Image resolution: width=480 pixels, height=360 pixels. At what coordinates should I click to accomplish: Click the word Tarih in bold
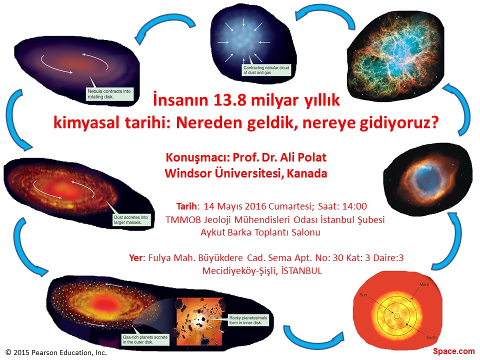(186, 206)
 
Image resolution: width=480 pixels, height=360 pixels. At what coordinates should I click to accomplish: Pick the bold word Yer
(135, 258)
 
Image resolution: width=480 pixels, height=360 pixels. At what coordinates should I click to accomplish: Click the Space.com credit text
(453, 351)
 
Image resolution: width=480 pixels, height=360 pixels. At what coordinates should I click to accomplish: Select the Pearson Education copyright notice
(56, 352)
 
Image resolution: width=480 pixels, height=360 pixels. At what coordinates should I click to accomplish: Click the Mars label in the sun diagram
(424, 284)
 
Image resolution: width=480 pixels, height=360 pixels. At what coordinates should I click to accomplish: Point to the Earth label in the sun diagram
(431, 337)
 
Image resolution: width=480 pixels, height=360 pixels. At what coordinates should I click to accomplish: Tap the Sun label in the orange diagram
(363, 295)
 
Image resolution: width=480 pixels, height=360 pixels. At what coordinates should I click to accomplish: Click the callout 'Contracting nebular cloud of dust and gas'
(266, 70)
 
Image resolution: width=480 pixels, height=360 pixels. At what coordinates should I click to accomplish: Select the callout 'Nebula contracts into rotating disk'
(109, 94)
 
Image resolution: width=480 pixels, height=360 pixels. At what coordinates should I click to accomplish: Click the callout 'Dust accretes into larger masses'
(131, 220)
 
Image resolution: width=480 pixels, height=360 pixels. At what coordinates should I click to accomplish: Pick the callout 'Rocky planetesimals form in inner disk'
(248, 320)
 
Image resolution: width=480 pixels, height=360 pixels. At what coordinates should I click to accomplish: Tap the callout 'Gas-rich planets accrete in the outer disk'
(145, 339)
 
